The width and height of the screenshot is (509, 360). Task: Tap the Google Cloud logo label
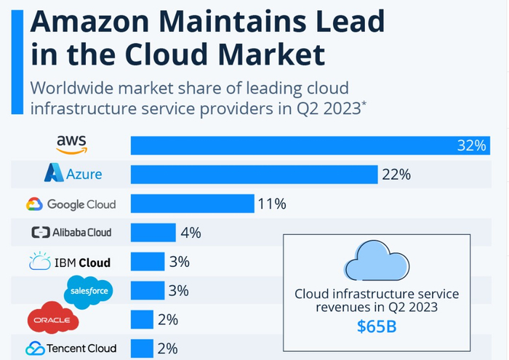point(71,204)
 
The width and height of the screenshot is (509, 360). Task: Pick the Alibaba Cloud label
point(71,233)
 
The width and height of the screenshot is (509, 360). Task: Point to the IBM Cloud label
point(70,262)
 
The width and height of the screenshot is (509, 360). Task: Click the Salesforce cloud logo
point(89,291)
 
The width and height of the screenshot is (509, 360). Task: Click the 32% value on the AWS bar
point(471,145)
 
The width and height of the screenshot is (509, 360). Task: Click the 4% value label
point(191,233)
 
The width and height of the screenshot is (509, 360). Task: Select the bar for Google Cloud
point(192,204)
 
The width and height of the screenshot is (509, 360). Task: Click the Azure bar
point(254,175)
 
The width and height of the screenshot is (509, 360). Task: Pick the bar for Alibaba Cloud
point(153,233)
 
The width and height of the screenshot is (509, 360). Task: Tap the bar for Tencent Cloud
point(143,348)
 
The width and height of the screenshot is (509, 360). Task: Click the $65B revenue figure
point(376,326)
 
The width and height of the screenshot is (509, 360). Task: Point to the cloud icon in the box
point(376,261)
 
